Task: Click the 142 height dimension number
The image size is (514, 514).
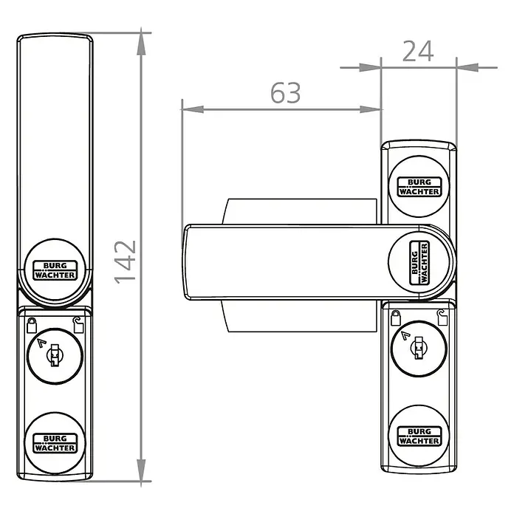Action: [x=125, y=262]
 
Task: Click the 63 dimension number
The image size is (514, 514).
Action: [x=286, y=93]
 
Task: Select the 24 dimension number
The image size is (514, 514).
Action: [x=418, y=51]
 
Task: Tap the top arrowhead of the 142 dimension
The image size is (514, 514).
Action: [x=141, y=44]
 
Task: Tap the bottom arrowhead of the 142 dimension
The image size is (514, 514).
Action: [x=141, y=470]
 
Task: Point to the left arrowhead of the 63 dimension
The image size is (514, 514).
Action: [x=193, y=109]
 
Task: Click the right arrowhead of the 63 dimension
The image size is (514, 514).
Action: [x=371, y=109]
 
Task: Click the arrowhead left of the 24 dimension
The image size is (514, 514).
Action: [x=371, y=67]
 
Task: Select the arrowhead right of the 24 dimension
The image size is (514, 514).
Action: [x=467, y=67]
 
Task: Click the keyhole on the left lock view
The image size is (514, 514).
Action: [x=55, y=355]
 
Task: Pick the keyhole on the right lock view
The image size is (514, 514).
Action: [x=419, y=348]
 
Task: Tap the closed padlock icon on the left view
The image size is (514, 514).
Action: [x=32, y=326]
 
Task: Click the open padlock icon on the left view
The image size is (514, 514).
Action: [x=78, y=326]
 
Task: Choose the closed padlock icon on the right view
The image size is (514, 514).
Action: [x=396, y=318]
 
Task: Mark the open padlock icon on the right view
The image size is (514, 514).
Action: [x=442, y=318]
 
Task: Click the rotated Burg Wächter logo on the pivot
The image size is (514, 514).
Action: [x=419, y=263]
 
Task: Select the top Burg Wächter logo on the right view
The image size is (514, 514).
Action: [x=419, y=187]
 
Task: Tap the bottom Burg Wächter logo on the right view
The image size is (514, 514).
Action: [x=419, y=436]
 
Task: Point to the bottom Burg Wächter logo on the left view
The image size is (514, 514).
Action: [x=55, y=443]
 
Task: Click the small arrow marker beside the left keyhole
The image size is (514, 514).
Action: [x=41, y=343]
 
